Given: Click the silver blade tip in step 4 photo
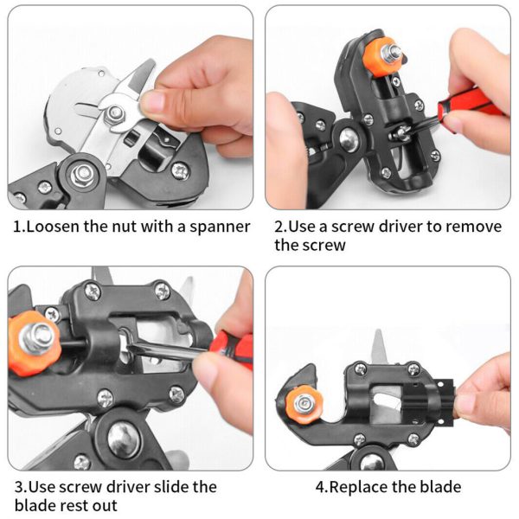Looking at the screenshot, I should (378, 344).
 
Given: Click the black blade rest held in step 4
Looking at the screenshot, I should (441, 404).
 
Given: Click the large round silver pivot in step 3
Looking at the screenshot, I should (120, 435).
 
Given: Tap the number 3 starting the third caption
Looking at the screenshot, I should (18, 487).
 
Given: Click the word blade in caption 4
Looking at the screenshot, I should (438, 487).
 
